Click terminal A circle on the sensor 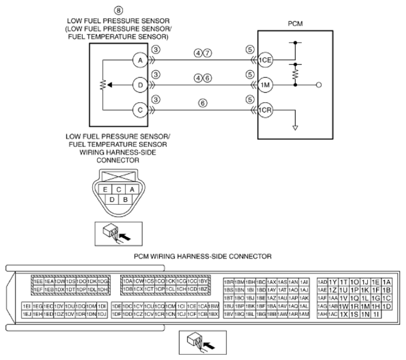(139, 61)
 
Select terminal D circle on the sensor (139, 85)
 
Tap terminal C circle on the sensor (139, 109)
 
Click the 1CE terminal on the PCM (265, 61)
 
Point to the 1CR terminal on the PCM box (265, 109)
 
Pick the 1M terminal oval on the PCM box (265, 85)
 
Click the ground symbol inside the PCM (295, 126)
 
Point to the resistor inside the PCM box (295, 74)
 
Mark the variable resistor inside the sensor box (102, 85)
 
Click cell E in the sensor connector (105, 189)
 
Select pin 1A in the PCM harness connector (387, 281)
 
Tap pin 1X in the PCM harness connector (344, 314)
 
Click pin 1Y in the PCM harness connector (333, 281)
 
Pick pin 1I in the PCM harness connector (376, 314)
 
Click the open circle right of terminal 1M (319, 85)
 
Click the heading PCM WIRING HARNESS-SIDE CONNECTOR (203, 256)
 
